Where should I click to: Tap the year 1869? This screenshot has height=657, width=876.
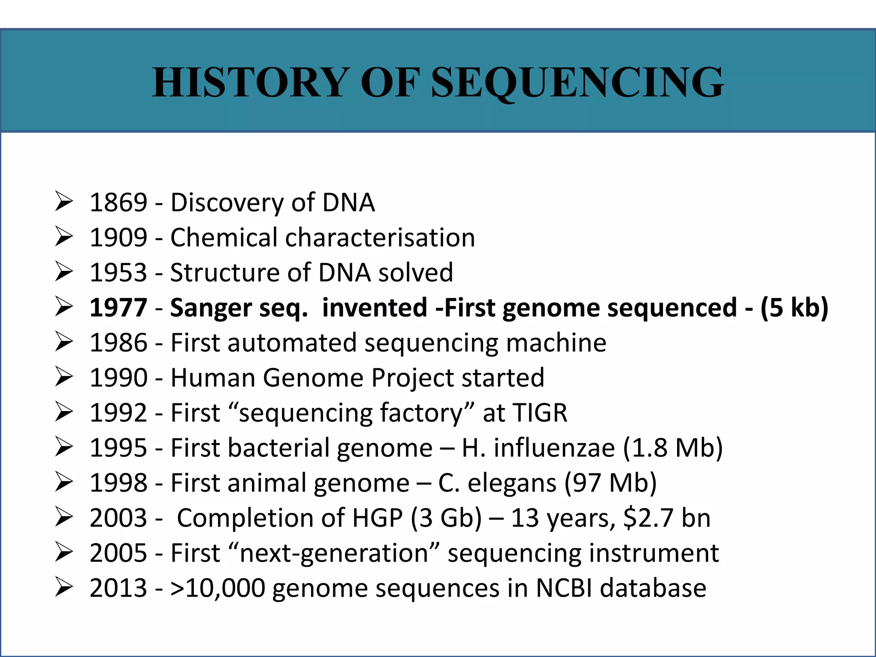pyautogui.click(x=118, y=202)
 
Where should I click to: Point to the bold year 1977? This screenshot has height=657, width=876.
pyautogui.click(x=118, y=308)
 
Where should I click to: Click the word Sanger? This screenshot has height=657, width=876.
pyautogui.click(x=211, y=308)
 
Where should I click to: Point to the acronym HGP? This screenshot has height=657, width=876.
pyautogui.click(x=377, y=518)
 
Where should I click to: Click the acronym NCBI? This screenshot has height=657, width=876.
pyautogui.click(x=564, y=588)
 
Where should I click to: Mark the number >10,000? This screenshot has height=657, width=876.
pyautogui.click(x=218, y=588)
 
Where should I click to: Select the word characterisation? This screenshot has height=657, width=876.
pyautogui.click(x=380, y=237)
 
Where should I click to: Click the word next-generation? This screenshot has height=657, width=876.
pyautogui.click(x=334, y=553)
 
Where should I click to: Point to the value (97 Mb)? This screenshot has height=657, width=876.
pyautogui.click(x=610, y=483)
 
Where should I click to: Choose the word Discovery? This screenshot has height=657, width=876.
pyautogui.click(x=227, y=202)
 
